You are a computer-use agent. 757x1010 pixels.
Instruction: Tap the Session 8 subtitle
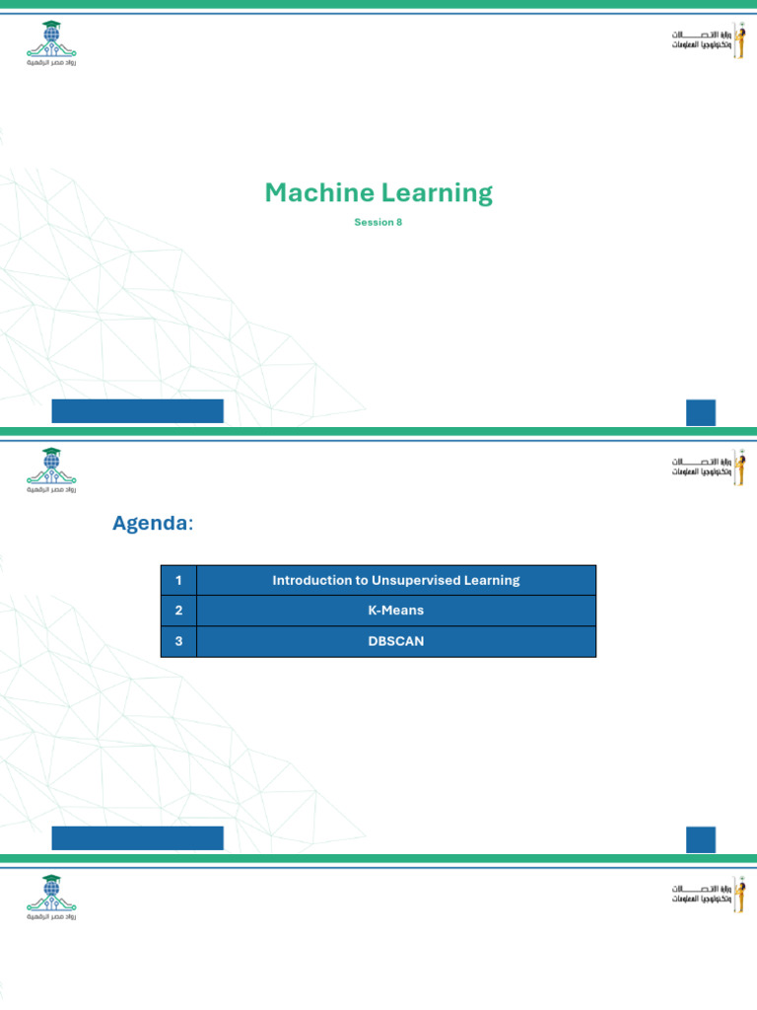[378, 222]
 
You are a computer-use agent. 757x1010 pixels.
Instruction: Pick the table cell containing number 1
[178, 580]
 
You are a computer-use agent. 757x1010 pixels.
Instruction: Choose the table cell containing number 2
[178, 611]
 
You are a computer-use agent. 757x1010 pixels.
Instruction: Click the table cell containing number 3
[178, 641]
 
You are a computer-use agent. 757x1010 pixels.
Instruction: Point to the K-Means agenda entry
[395, 611]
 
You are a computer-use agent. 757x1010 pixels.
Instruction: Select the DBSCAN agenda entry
[395, 641]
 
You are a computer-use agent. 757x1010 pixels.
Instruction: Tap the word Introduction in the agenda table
[306, 580]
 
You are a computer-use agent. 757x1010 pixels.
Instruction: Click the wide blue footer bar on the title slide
[137, 411]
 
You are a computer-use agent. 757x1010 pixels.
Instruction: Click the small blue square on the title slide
[701, 412]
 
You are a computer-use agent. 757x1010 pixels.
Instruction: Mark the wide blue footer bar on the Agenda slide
[137, 838]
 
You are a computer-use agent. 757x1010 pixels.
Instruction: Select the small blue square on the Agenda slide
[701, 839]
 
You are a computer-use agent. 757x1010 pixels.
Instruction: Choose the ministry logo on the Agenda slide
[708, 469]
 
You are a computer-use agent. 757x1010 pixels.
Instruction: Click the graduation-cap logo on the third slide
[51, 896]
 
